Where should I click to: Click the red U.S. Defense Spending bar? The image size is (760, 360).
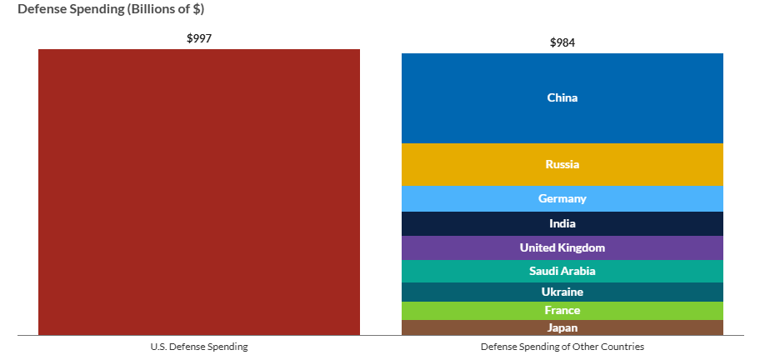click(x=198, y=192)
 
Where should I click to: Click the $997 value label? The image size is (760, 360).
click(x=199, y=38)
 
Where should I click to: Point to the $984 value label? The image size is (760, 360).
click(x=562, y=42)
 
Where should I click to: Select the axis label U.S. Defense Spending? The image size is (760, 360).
click(x=199, y=346)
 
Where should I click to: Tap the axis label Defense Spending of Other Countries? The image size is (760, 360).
click(x=562, y=346)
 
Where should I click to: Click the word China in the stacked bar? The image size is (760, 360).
click(x=562, y=98)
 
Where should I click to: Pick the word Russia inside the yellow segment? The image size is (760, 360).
click(x=562, y=165)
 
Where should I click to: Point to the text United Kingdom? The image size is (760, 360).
click(x=562, y=247)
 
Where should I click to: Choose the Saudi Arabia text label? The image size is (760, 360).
click(x=562, y=271)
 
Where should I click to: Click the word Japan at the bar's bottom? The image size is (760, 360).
click(x=562, y=327)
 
